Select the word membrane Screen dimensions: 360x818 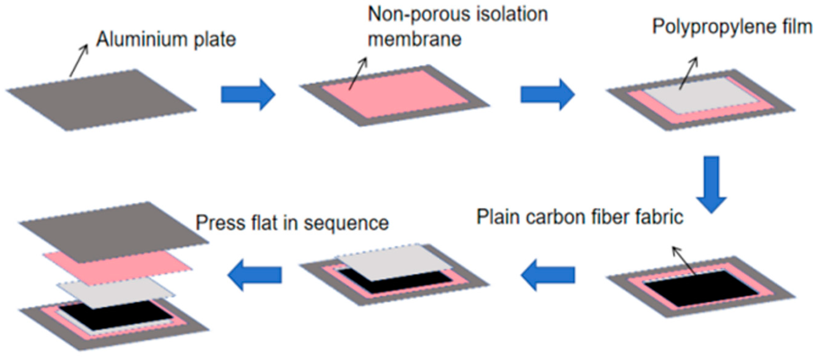tap(414, 39)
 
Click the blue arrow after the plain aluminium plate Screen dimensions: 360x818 tap(248, 95)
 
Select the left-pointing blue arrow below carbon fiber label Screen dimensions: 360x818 tap(548, 275)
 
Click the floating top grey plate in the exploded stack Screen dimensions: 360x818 tap(114, 232)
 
